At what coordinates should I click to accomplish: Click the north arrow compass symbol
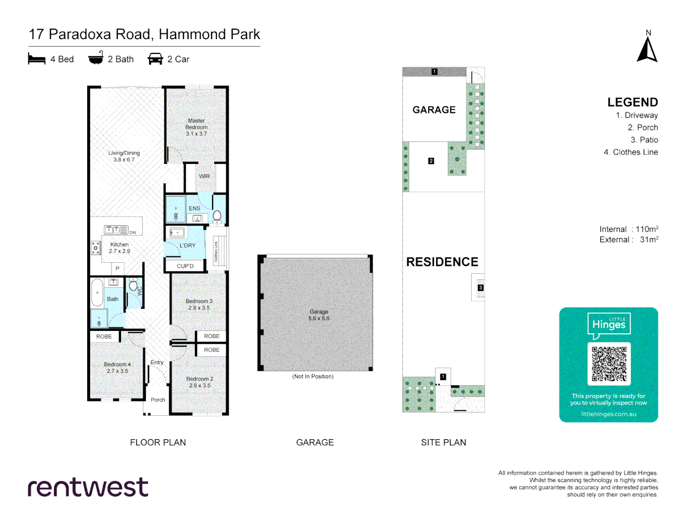(647, 50)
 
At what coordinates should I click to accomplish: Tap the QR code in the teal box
(609, 364)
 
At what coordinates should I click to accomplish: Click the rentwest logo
(88, 487)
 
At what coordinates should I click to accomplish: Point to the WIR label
(204, 176)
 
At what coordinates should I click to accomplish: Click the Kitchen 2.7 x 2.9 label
(119, 247)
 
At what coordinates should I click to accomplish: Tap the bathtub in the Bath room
(97, 292)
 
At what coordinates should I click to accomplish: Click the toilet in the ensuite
(217, 216)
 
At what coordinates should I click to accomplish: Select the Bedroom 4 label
(117, 367)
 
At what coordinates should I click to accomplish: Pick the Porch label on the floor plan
(158, 400)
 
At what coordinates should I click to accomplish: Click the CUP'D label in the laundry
(185, 266)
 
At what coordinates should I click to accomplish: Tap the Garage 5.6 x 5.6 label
(319, 315)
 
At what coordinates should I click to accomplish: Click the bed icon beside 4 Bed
(37, 59)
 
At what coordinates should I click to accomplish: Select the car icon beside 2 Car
(155, 59)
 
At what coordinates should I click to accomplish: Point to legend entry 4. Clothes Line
(631, 152)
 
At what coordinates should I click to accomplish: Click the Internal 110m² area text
(629, 229)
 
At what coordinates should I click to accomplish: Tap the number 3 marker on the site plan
(481, 288)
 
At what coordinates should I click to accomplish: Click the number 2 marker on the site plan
(431, 161)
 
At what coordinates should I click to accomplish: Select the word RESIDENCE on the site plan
(442, 262)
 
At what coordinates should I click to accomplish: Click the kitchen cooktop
(96, 247)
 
